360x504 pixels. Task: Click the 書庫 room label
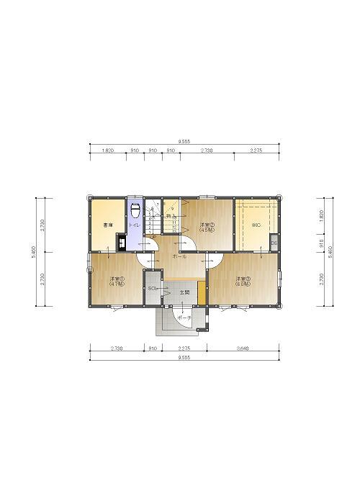pos(108,225)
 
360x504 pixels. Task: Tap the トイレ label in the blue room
pos(135,225)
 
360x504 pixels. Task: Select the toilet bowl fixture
pos(135,210)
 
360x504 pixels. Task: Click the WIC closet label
pos(256,225)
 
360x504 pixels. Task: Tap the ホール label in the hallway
pos(180,256)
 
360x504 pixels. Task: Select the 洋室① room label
pos(117,279)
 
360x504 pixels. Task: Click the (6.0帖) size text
pos(241,284)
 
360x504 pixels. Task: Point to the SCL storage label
pos(152,288)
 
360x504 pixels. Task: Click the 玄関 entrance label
pos(184,292)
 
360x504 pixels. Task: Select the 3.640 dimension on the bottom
pos(243,348)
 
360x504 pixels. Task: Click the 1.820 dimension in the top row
pos(107,150)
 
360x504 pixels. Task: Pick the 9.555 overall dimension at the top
pos(184,142)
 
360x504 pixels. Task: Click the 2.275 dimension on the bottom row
pos(184,348)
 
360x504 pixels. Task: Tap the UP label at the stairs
pos(153,236)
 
